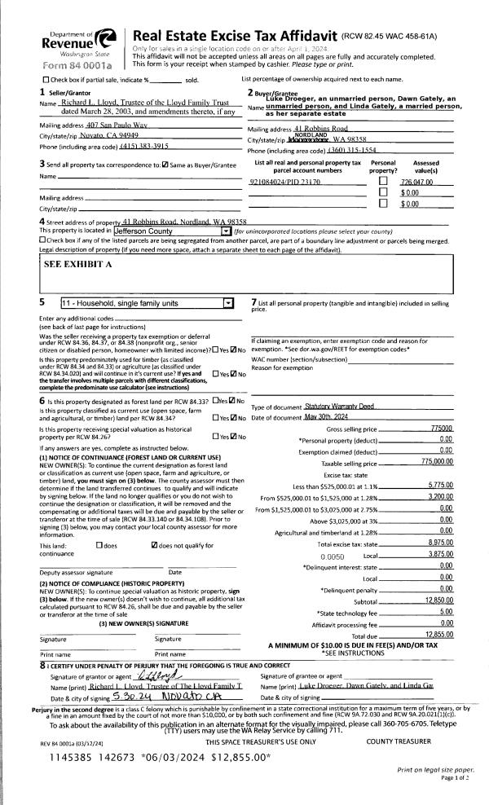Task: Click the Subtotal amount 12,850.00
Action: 438,577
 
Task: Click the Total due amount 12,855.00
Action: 438,611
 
